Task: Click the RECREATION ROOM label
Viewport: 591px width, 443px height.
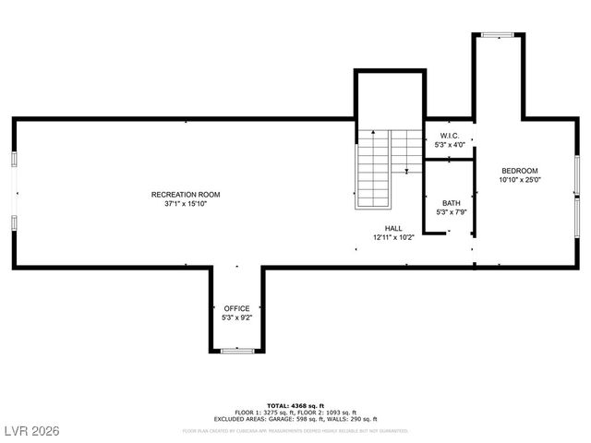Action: coord(186,195)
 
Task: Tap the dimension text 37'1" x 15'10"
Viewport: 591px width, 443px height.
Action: coord(186,204)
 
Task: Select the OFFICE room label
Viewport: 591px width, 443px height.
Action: coord(236,308)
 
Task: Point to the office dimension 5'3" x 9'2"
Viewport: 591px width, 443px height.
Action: coord(236,317)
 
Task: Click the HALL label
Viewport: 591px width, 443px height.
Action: coord(393,228)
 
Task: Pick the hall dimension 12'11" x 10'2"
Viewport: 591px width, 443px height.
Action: coord(393,237)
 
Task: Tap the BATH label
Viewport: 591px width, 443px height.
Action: coord(451,203)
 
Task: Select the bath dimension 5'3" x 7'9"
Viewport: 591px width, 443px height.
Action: coord(451,212)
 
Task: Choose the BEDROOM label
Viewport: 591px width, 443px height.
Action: coord(519,171)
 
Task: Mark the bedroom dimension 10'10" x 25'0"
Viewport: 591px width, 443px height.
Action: coord(519,180)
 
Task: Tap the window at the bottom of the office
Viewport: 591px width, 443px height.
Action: coord(236,351)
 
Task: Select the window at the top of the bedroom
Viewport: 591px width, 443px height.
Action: coord(498,36)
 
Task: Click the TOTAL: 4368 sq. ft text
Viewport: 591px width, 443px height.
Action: coord(295,405)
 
